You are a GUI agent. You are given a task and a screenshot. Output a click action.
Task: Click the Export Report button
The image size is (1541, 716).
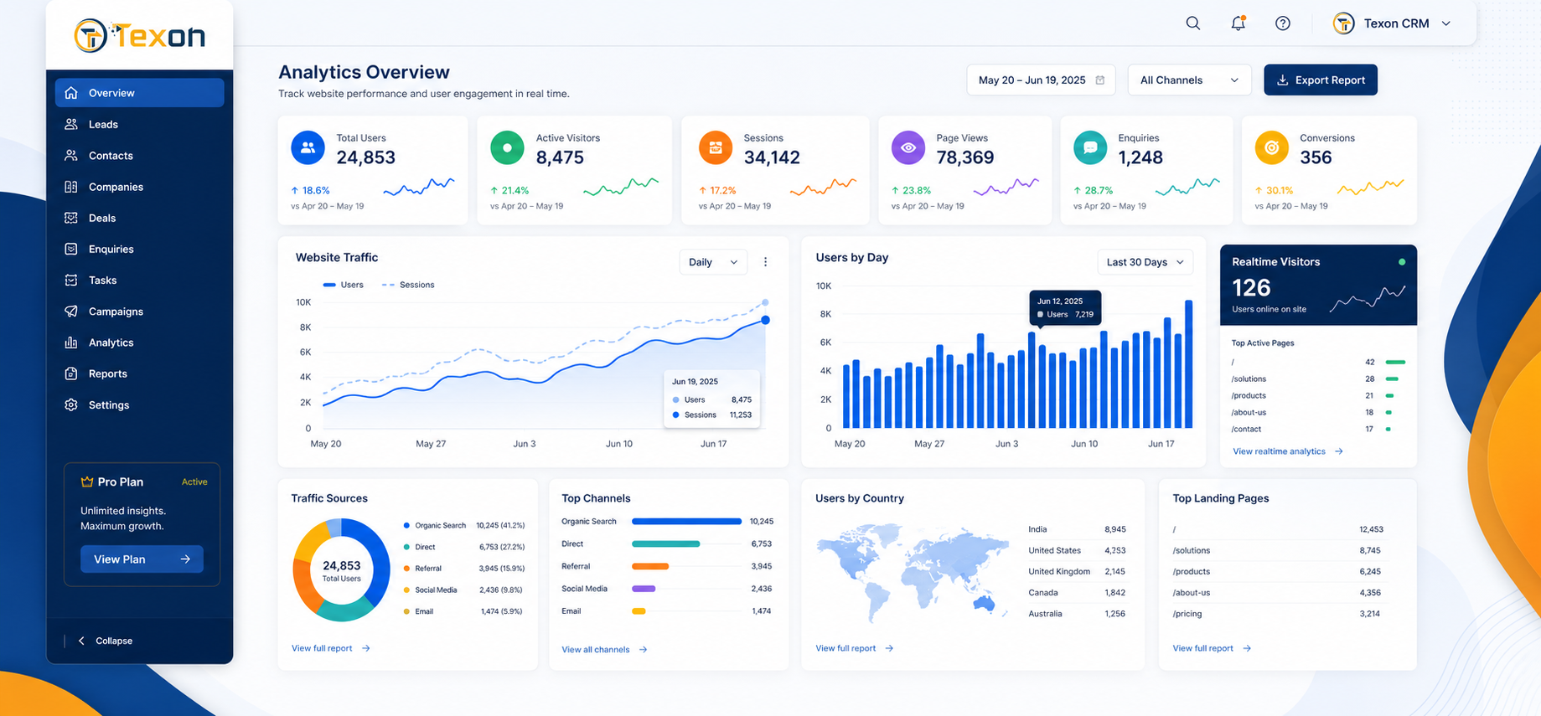[x=1320, y=80]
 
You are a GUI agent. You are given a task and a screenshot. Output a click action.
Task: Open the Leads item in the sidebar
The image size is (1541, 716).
[x=103, y=124]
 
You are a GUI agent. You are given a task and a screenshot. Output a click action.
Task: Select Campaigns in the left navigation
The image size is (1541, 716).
[x=116, y=312]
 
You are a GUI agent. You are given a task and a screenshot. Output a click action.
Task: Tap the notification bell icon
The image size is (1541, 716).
[x=1238, y=23]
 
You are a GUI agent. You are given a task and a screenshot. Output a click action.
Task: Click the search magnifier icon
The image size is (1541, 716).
[x=1193, y=23]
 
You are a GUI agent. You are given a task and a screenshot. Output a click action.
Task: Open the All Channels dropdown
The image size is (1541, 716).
[x=1189, y=80]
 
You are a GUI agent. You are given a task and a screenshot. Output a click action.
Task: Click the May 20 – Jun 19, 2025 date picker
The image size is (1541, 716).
[x=1041, y=80]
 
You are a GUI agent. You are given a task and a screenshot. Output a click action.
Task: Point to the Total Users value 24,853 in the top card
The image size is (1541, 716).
[x=365, y=157]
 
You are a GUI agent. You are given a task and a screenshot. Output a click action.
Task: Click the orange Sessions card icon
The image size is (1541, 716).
[x=716, y=148]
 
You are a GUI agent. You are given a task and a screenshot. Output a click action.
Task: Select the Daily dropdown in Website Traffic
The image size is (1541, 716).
[x=712, y=262]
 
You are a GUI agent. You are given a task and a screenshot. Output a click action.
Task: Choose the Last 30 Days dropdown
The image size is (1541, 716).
[x=1145, y=262]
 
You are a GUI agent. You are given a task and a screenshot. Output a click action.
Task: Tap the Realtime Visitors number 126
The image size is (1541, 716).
[x=1251, y=288]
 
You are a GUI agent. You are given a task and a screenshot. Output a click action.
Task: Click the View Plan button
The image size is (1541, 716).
[x=142, y=559]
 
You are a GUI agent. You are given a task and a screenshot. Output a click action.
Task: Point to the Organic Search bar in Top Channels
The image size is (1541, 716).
[x=686, y=522]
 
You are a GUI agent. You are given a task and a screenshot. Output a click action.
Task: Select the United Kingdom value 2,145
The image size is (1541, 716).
[x=1114, y=571]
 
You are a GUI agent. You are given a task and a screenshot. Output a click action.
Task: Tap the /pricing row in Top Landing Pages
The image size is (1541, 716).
[x=1277, y=614]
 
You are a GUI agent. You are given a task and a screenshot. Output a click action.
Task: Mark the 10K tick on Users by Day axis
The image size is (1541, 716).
[x=824, y=286]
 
